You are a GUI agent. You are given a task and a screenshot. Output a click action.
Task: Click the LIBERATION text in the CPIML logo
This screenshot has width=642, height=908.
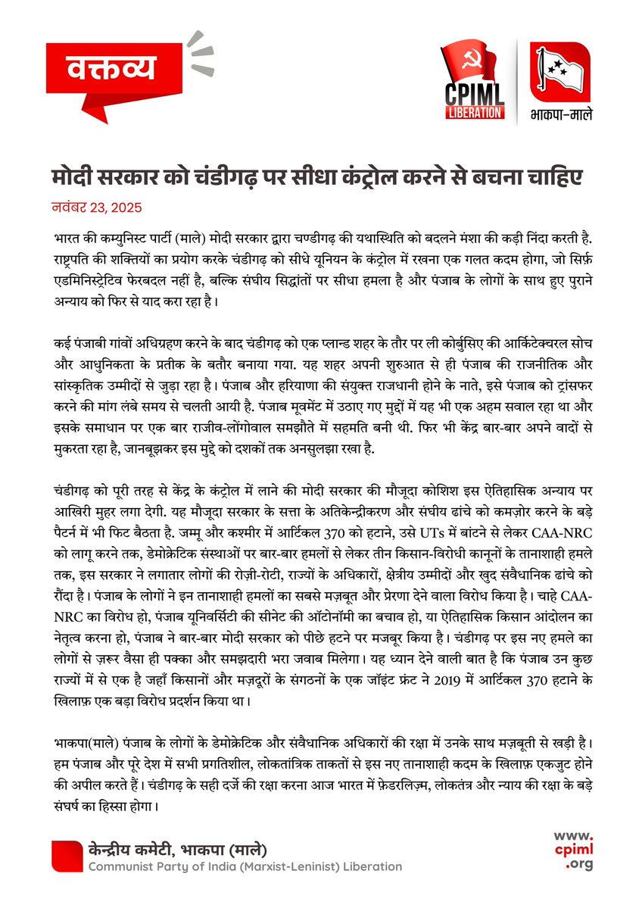coord(475,113)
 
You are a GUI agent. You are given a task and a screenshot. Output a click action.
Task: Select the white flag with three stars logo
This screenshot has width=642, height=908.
coord(560,70)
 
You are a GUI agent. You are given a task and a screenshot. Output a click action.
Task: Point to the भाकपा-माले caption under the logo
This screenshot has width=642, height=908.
coord(561,117)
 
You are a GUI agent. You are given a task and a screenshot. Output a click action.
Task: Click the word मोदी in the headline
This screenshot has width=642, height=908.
coord(73,179)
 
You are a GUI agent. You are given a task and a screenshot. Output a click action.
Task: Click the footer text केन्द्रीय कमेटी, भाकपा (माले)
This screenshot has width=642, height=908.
coord(178,849)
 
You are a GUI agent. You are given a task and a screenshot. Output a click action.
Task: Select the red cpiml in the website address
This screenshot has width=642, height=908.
coord(572,850)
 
